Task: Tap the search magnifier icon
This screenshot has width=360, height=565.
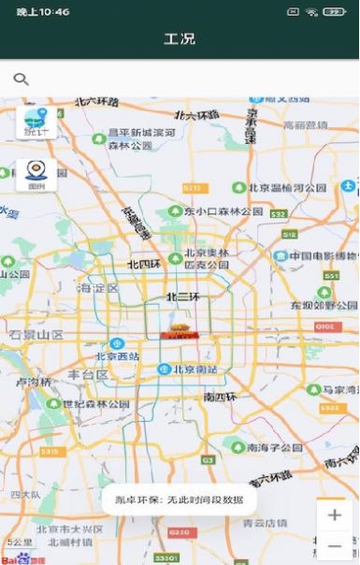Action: coord(21,80)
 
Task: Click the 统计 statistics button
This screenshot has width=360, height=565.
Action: coord(36,123)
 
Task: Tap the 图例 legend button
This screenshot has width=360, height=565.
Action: coord(36,175)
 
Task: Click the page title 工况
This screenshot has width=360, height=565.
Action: coord(180,39)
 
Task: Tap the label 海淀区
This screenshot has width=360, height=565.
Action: coord(98,288)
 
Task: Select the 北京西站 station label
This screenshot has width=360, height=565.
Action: coord(117,356)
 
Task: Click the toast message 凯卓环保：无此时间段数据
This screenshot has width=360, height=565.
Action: coord(180,500)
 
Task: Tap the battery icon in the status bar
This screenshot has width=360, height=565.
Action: coord(333,12)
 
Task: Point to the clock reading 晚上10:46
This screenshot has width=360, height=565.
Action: coord(43,12)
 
